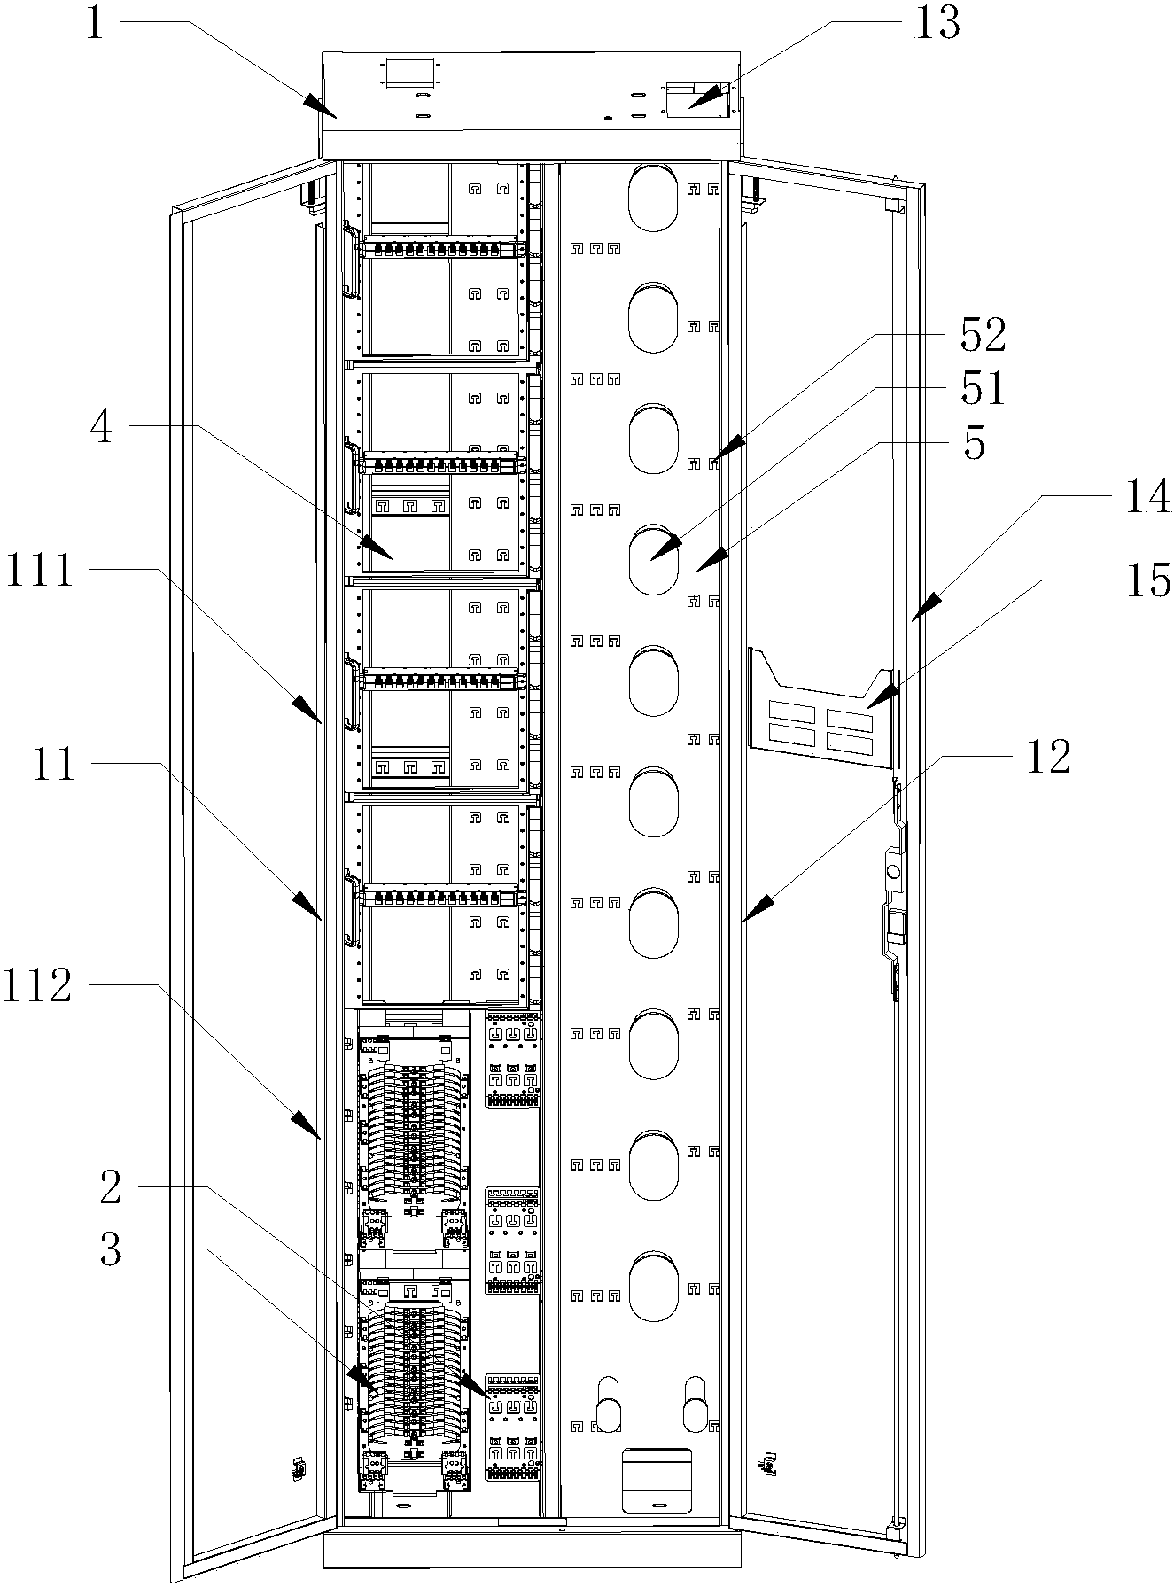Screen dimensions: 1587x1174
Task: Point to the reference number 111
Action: [40, 570]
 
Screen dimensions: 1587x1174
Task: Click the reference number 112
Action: [37, 984]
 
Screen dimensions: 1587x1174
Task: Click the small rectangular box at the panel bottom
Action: [657, 1479]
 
